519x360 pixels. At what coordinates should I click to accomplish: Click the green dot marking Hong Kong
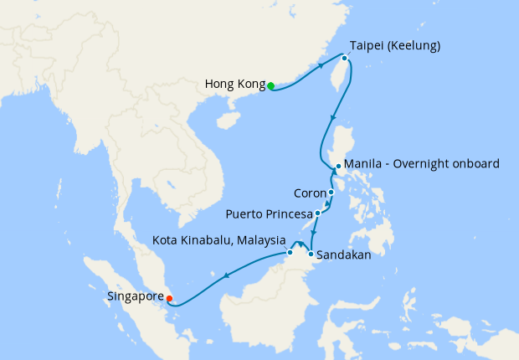click(270, 85)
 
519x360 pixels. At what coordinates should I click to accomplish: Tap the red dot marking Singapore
click(170, 297)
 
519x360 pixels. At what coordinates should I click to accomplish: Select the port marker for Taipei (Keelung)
click(343, 58)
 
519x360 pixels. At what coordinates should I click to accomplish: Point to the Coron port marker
click(331, 193)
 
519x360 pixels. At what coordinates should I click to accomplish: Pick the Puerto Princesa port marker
click(318, 213)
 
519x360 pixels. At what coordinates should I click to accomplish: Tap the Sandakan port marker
click(311, 254)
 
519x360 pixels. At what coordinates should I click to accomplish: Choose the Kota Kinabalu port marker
click(290, 252)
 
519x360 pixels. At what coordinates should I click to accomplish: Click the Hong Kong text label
click(234, 85)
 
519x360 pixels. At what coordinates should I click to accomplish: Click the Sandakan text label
click(343, 253)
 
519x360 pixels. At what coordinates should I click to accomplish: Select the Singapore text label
click(136, 296)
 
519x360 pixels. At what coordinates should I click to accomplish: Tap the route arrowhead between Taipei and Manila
click(335, 117)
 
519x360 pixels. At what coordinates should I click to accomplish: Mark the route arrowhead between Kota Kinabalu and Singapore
click(226, 275)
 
